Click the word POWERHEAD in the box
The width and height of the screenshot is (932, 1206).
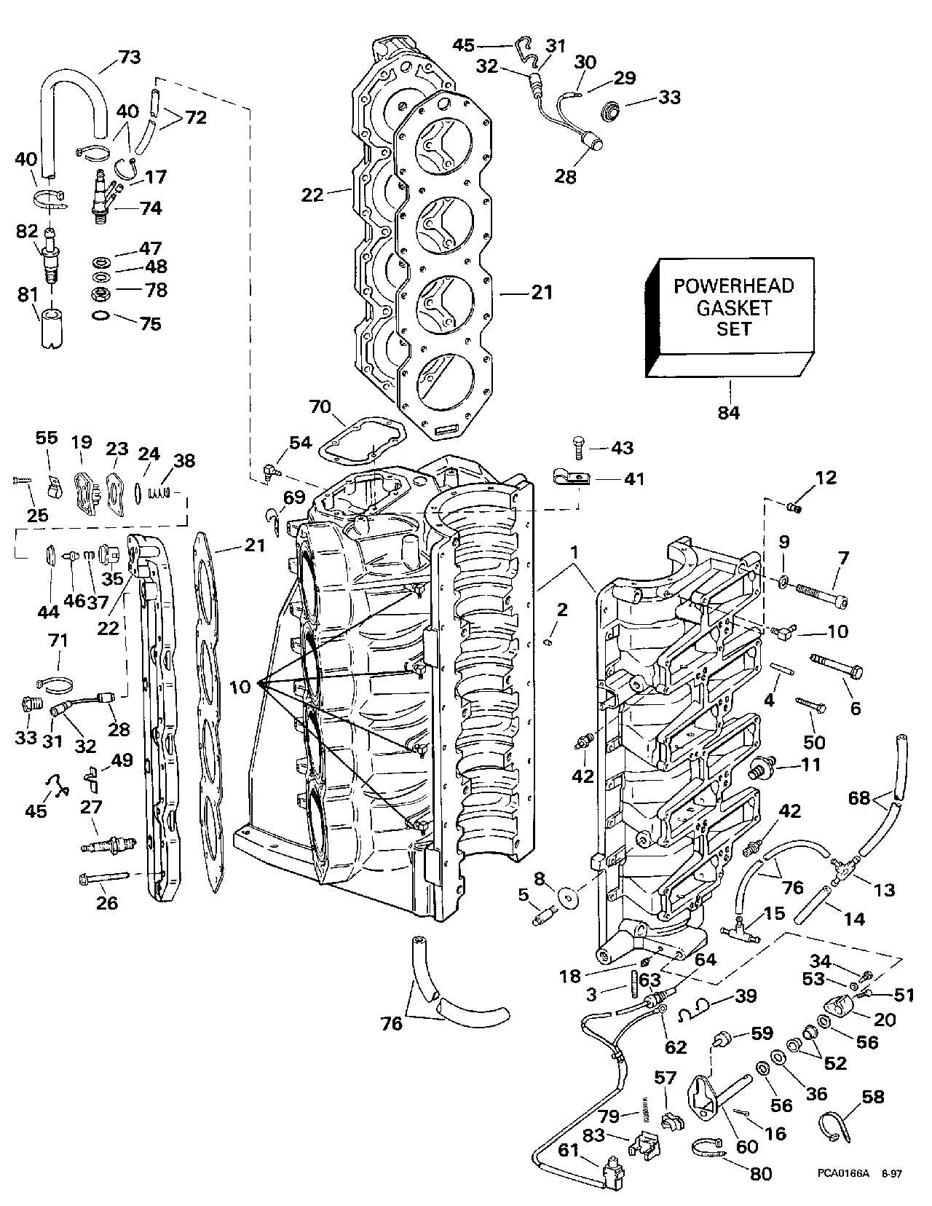pyautogui.click(x=733, y=285)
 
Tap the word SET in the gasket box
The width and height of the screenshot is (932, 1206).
pyautogui.click(x=733, y=328)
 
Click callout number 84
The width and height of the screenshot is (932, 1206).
pyautogui.click(x=728, y=413)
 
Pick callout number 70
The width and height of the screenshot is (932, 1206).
pyautogui.click(x=320, y=407)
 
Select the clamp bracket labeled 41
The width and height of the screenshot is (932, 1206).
pyautogui.click(x=572, y=477)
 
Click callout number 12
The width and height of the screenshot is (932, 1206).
pyautogui.click(x=826, y=477)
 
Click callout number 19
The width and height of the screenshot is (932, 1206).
pyautogui.click(x=82, y=442)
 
